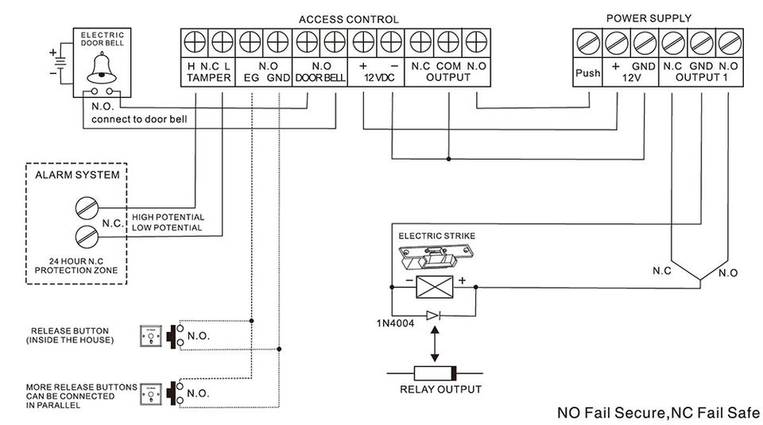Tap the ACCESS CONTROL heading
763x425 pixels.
pyautogui.click(x=349, y=19)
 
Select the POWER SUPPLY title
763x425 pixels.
pyautogui.click(x=649, y=17)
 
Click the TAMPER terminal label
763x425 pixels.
pyautogui.click(x=209, y=78)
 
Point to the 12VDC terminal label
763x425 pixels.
pyautogui.click(x=378, y=78)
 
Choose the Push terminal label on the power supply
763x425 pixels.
pyautogui.click(x=587, y=73)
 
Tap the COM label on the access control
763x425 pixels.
pyautogui.click(x=448, y=67)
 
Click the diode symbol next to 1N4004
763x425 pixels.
pyautogui.click(x=433, y=315)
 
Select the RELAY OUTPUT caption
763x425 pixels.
pyautogui.click(x=440, y=389)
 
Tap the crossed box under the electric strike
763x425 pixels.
pyautogui.click(x=434, y=284)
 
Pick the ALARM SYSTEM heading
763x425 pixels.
pyautogui.click(x=76, y=175)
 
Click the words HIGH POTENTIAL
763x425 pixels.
pyautogui.click(x=168, y=217)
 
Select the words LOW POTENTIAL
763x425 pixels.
pyautogui.click(x=167, y=228)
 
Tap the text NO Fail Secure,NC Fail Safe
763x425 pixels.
pyautogui.click(x=658, y=412)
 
